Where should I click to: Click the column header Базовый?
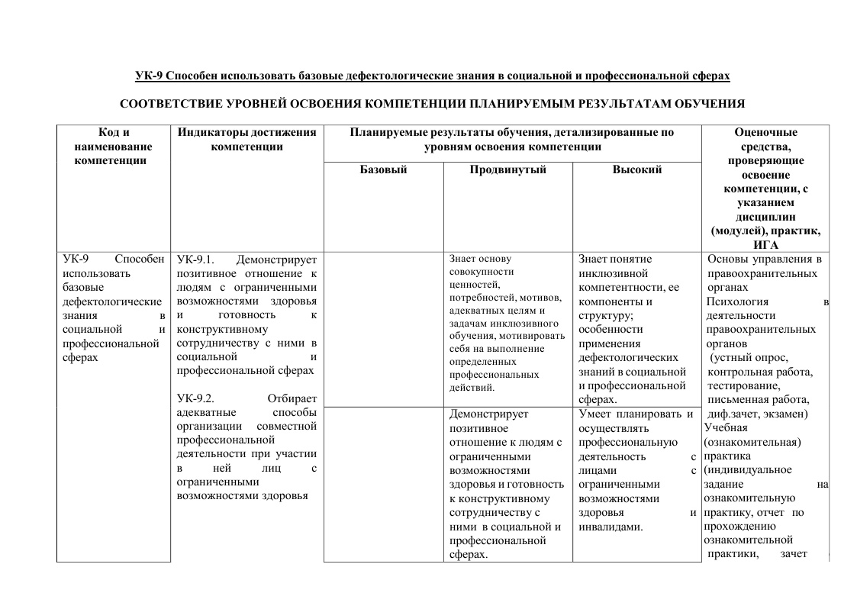(383, 170)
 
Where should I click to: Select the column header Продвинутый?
(507, 170)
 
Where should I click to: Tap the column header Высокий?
(636, 170)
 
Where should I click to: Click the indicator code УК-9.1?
(197, 259)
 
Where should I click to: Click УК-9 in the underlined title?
(149, 76)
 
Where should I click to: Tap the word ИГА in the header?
(765, 244)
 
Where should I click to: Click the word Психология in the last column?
(733, 301)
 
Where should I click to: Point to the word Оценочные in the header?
(765, 133)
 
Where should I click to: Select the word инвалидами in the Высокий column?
(611, 527)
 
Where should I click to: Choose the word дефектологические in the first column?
(111, 301)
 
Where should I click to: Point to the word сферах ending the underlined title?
(711, 76)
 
